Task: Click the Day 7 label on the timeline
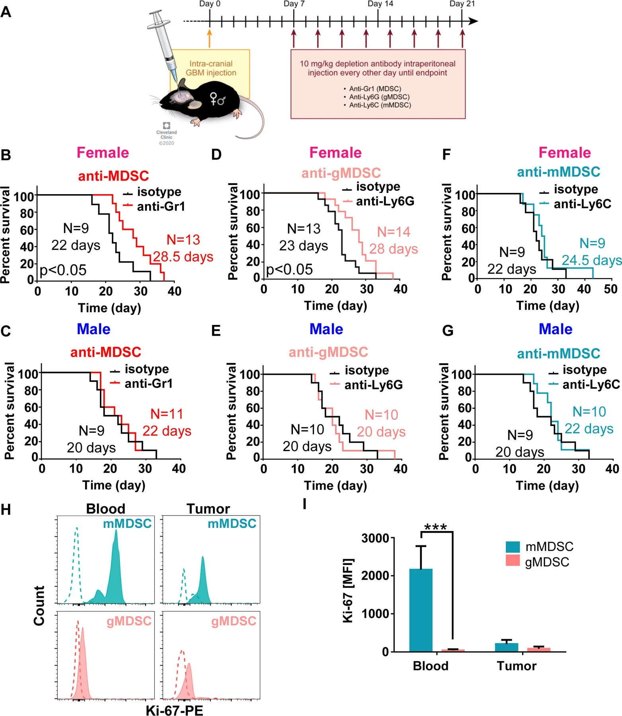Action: [294, 4]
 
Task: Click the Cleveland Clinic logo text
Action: [166, 134]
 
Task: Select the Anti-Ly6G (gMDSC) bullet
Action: [379, 97]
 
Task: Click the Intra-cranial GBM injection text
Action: [211, 68]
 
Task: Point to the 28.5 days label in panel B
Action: [183, 257]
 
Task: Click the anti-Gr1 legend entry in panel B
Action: [160, 206]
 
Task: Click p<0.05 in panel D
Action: [289, 269]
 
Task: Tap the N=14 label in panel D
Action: [393, 232]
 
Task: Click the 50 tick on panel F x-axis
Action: [610, 289]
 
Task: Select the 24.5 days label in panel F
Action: [591, 260]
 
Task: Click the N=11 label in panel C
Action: [167, 414]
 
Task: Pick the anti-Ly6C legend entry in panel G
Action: [591, 384]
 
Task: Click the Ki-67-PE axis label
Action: [174, 710]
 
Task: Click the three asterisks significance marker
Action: [435, 527]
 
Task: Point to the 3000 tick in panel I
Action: [374, 538]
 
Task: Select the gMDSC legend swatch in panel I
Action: [512, 561]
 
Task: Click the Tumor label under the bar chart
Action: [517, 666]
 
